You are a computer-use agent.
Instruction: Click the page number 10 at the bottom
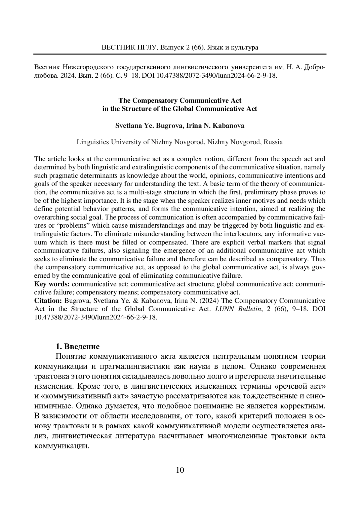click(180, 470)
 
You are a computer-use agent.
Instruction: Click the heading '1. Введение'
click(78, 347)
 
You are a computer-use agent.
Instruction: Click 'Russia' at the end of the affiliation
click(273, 142)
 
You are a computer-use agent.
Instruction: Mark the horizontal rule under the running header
click(180, 54)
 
